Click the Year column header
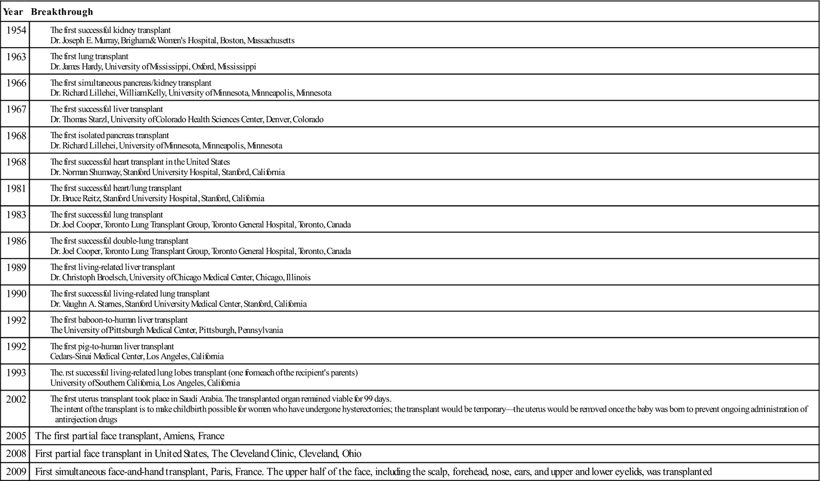[13, 11]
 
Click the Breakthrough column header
[62, 11]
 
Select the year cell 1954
[16, 30]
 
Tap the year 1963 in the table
[16, 56]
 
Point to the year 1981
[16, 188]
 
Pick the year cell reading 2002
[16, 399]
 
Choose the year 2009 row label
[16, 472]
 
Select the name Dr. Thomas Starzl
[79, 120]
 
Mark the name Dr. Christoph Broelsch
[88, 278]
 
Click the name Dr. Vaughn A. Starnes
[86, 304]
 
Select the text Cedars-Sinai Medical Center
[96, 356]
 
